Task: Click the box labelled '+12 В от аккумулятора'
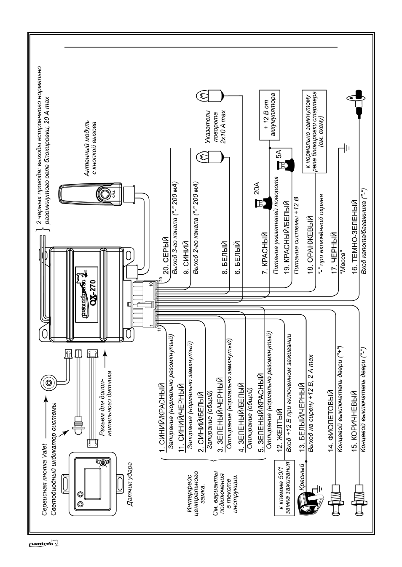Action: (269, 115)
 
